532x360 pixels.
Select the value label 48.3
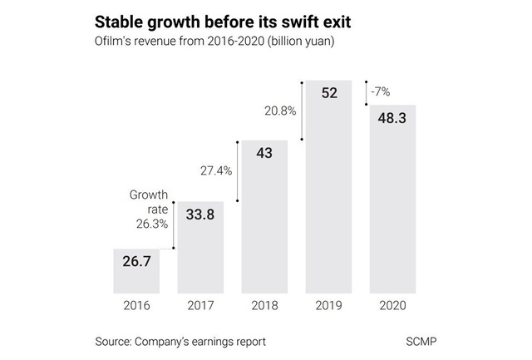click(x=392, y=119)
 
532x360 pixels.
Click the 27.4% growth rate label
click(x=216, y=170)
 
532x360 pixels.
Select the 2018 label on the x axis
click(x=264, y=305)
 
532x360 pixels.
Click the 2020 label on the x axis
click(x=392, y=305)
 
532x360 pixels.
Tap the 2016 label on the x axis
click(x=136, y=305)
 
